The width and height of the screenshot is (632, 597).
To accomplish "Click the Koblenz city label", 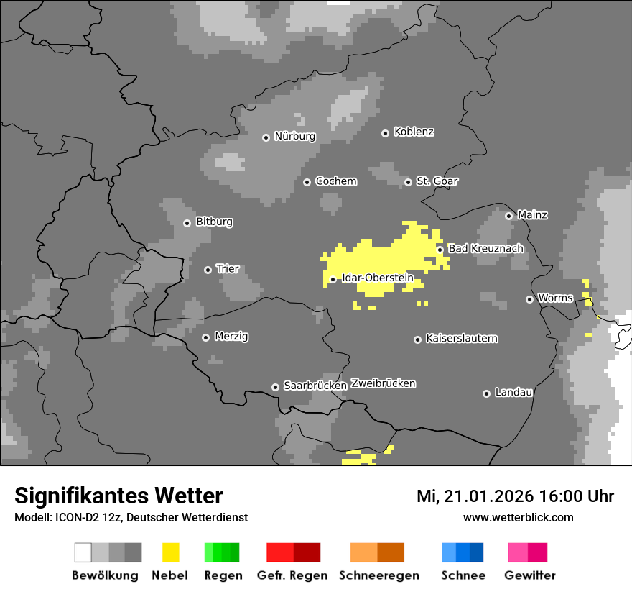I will pyautogui.click(x=414, y=132).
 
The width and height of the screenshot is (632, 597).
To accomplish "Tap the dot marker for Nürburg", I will pyautogui.click(x=266, y=137).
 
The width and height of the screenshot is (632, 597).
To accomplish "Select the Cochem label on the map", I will pyautogui.click(x=336, y=181).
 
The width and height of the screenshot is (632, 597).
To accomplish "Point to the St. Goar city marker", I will pyautogui.click(x=408, y=182).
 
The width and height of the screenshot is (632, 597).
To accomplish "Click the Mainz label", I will pyautogui.click(x=532, y=215).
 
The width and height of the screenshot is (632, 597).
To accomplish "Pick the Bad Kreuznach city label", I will pyautogui.click(x=485, y=249).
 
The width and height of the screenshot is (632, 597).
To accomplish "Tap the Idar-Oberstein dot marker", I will pyautogui.click(x=333, y=279).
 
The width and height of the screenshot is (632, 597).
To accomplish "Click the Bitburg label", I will pyautogui.click(x=214, y=222).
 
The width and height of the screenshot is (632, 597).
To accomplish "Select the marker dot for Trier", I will pyautogui.click(x=208, y=270).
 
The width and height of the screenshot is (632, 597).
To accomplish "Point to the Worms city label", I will pyautogui.click(x=555, y=298).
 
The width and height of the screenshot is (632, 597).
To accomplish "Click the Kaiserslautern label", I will pyautogui.click(x=462, y=339).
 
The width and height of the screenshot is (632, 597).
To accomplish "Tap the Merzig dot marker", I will pyautogui.click(x=205, y=337).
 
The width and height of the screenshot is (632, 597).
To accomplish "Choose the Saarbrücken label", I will pyautogui.click(x=315, y=386).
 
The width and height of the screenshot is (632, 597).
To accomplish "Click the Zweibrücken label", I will pyautogui.click(x=384, y=384).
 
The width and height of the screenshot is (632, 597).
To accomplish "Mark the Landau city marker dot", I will pyautogui.click(x=486, y=393).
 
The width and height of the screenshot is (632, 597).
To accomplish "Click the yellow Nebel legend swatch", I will pyautogui.click(x=170, y=552).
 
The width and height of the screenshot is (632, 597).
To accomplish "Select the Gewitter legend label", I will pyautogui.click(x=530, y=575).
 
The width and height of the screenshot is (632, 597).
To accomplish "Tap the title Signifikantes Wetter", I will pyautogui.click(x=118, y=496).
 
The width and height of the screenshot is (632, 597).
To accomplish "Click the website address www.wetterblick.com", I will pyautogui.click(x=518, y=518).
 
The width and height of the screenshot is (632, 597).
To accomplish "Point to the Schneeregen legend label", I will pyautogui.click(x=379, y=575).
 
